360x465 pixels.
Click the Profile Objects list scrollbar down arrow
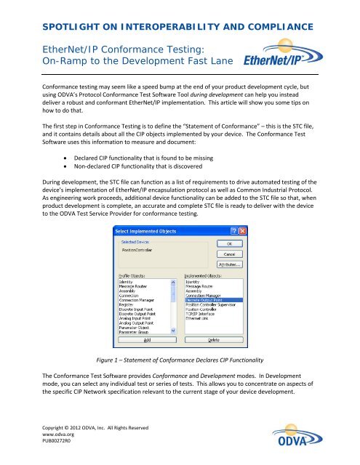point(173,329)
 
